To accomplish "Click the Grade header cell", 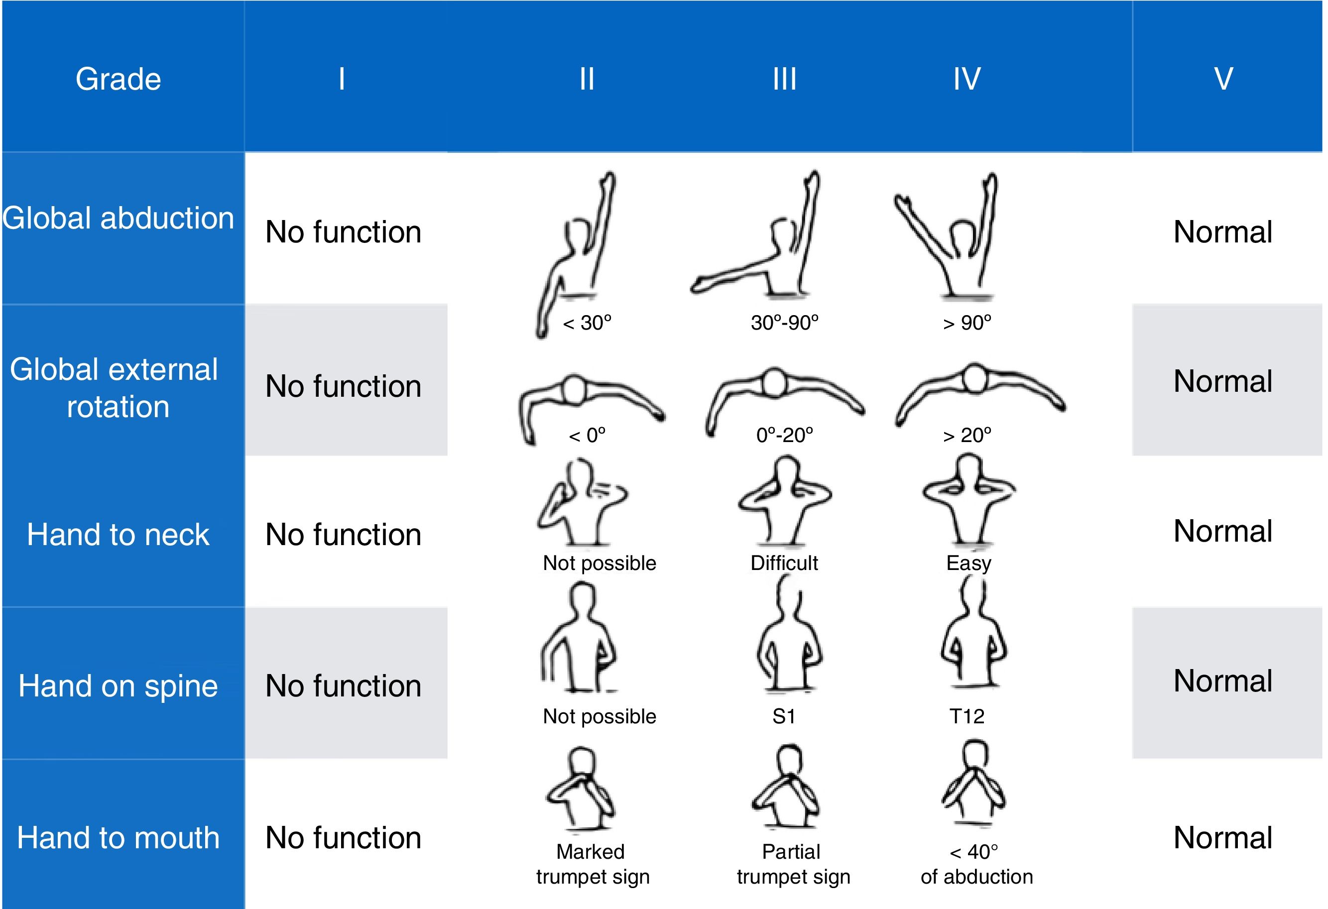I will pyautogui.click(x=119, y=79).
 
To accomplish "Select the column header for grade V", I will pyautogui.click(x=1223, y=79).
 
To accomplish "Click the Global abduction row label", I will pyautogui.click(x=119, y=218).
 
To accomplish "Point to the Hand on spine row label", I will pyautogui.click(x=119, y=685).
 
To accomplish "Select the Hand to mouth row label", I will pyautogui.click(x=119, y=838).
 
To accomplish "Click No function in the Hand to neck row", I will pyautogui.click(x=344, y=535).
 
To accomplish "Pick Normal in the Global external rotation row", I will pyautogui.click(x=1223, y=381).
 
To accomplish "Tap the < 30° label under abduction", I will pyautogui.click(x=587, y=323).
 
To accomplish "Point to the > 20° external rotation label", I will pyautogui.click(x=967, y=436).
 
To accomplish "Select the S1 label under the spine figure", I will pyautogui.click(x=783, y=716).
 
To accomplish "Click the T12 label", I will pyautogui.click(x=967, y=716).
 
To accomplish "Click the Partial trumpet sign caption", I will pyautogui.click(x=793, y=864).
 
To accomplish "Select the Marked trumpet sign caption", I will pyautogui.click(x=593, y=864).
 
